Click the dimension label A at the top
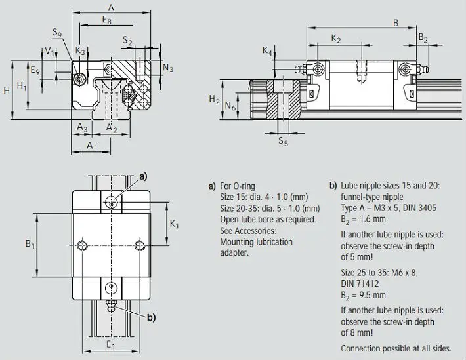tap(111, 8)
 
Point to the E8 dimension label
tap(107, 20)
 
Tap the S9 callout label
tap(57, 32)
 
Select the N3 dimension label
tap(168, 68)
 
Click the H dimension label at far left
tap(7, 90)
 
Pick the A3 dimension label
tap(82, 127)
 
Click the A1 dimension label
tap(92, 146)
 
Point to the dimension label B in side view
tap(396, 22)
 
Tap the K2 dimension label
tap(336, 39)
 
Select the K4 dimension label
tap(267, 50)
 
